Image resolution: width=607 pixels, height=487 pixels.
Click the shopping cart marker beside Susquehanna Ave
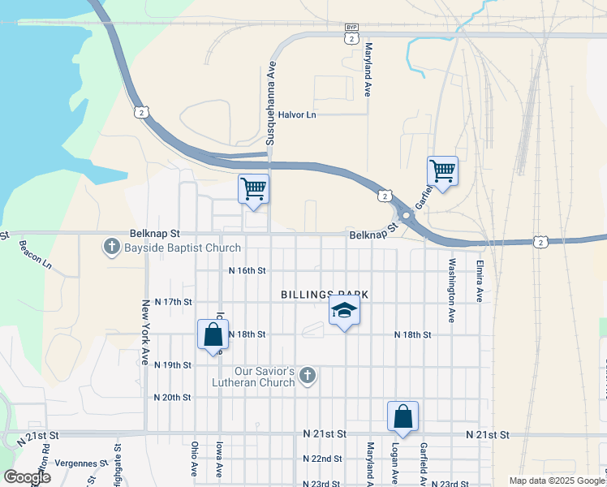[x=254, y=190]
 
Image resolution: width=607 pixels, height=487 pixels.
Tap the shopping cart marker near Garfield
[x=442, y=171]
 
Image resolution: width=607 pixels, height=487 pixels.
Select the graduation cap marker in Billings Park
[x=344, y=310]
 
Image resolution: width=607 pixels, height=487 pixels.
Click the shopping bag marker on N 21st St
[x=403, y=417]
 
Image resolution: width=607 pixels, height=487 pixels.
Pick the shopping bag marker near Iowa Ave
[x=213, y=334]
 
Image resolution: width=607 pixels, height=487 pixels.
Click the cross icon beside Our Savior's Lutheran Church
[x=307, y=375]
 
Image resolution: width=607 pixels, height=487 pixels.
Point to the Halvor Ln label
[x=296, y=115]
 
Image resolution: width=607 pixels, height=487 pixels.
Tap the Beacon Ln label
[x=35, y=254]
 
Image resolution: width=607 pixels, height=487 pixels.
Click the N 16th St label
[x=248, y=270]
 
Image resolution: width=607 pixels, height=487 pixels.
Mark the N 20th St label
[x=172, y=398]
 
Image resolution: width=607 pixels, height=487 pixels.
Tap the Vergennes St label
[x=80, y=463]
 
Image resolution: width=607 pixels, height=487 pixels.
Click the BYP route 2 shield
[x=351, y=33]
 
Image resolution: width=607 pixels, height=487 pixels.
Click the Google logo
[x=26, y=476]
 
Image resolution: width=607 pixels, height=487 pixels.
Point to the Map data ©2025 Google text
[x=557, y=481]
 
